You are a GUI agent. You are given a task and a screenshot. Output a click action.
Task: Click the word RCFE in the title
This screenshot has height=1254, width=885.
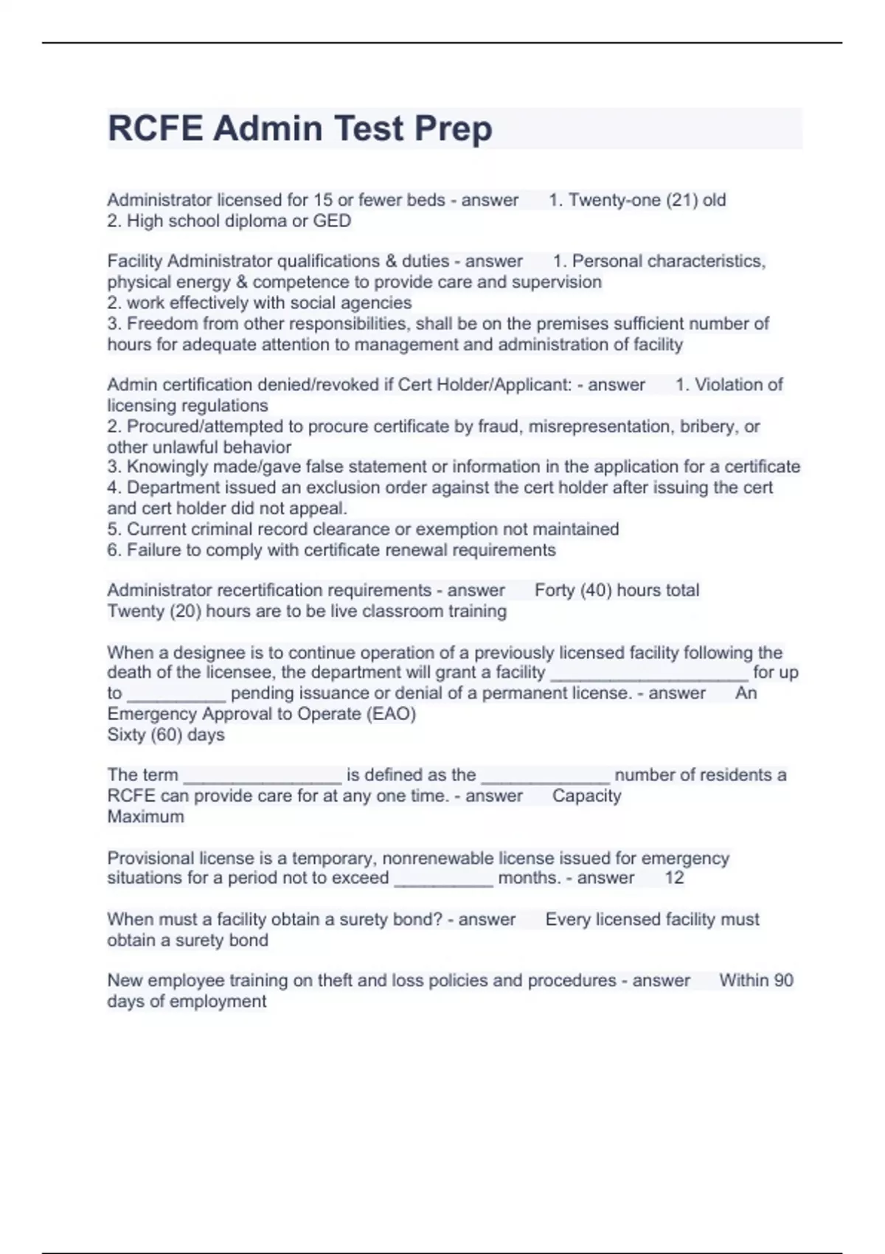(155, 128)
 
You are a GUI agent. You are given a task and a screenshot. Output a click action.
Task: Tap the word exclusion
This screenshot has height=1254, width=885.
(346, 487)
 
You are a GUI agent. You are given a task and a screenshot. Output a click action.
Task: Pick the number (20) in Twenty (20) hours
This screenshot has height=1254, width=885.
(185, 611)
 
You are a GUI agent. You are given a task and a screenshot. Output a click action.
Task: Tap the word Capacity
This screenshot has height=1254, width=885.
(586, 795)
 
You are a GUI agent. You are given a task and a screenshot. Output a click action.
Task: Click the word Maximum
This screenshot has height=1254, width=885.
(145, 817)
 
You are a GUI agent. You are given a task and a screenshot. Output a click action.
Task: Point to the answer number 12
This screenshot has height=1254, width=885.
(674, 878)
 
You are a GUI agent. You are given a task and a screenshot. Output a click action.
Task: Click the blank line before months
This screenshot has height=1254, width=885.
(443, 879)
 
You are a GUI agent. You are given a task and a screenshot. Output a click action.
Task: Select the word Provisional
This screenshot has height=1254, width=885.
(150, 858)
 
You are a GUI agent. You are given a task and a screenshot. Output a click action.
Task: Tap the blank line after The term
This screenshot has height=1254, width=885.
(262, 777)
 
